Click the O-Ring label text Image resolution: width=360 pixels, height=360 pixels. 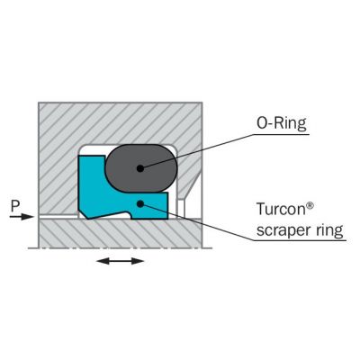(282, 123)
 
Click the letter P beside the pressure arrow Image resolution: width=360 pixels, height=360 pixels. (15, 206)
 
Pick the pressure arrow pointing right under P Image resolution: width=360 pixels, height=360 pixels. (22, 216)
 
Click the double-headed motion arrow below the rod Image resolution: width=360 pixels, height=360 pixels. (120, 261)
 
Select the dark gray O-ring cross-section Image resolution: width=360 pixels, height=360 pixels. (141, 168)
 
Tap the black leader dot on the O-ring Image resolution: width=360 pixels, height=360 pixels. (139, 168)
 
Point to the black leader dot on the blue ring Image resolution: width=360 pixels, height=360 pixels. (139, 204)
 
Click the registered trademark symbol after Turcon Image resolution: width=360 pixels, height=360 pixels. (310, 206)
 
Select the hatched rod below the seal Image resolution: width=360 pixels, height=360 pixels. (120, 233)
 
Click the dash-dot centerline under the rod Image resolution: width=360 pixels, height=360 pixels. (120, 248)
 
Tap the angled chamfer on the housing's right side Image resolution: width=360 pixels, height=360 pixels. (190, 187)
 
